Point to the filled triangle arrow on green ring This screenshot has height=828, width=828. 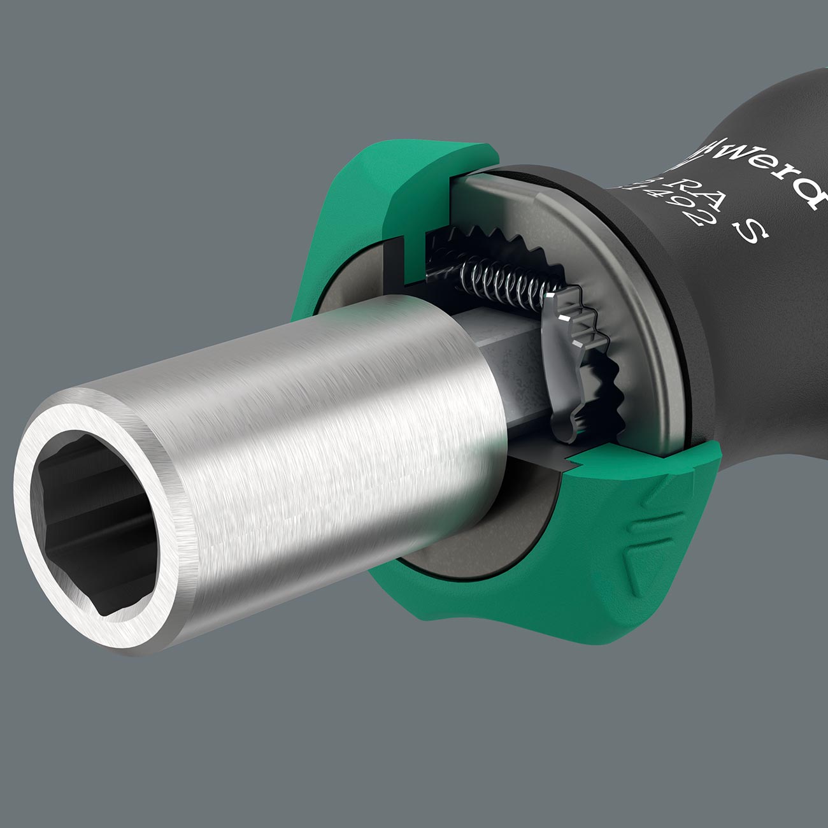click(631, 567)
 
